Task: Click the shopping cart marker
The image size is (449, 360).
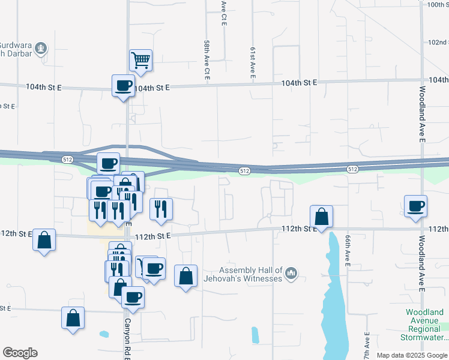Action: (140, 60)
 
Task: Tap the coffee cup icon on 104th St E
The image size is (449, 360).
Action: (124, 85)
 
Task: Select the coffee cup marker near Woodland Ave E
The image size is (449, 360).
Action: (416, 206)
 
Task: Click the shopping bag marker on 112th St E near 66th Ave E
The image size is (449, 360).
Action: (322, 217)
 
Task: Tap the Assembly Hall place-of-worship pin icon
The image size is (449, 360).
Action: (292, 274)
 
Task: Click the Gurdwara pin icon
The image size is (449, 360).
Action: (40, 47)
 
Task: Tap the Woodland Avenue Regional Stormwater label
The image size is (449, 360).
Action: (424, 325)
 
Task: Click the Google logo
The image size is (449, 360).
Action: (20, 353)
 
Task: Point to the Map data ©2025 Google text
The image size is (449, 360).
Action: (412, 355)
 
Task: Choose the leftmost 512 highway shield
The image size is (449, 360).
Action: (67, 159)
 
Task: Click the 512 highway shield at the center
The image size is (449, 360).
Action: (244, 171)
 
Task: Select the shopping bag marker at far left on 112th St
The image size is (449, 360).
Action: (44, 240)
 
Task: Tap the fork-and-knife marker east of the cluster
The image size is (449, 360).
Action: (161, 208)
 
